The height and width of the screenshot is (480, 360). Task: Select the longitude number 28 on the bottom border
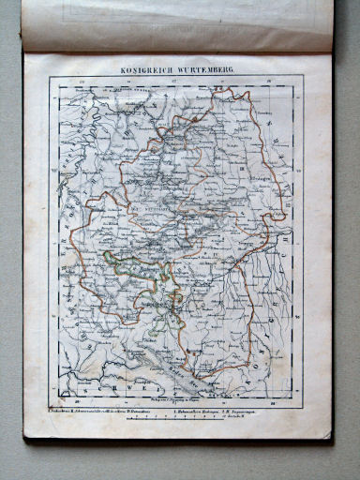[272, 396]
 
